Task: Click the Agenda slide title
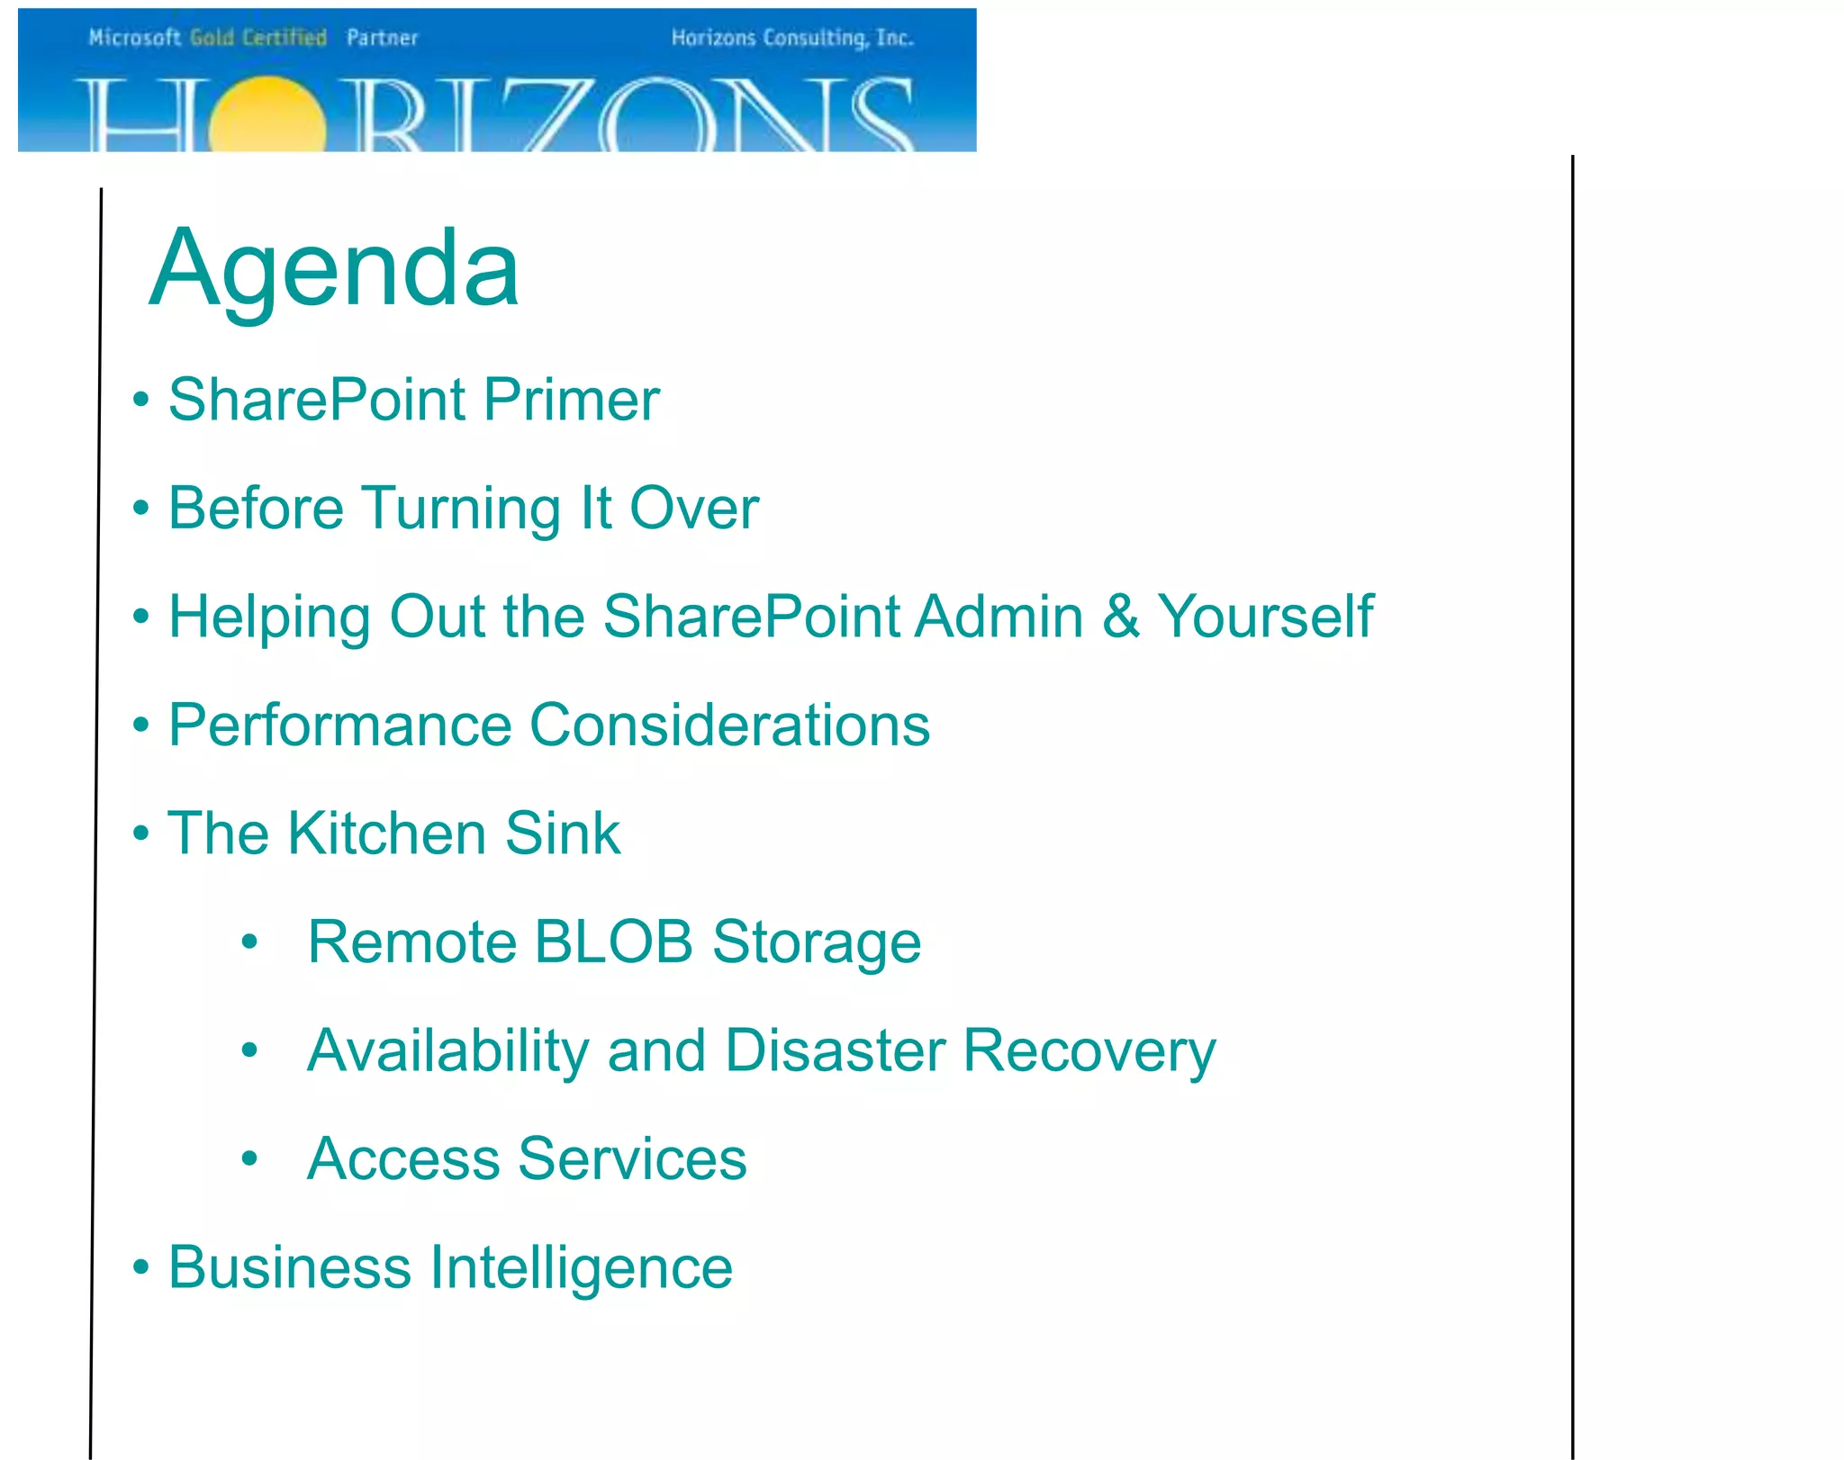click(x=334, y=268)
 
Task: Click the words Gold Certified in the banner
click(x=258, y=38)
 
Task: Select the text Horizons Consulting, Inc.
click(x=792, y=38)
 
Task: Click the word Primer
click(x=572, y=400)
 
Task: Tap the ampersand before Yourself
click(x=1121, y=617)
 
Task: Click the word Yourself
click(x=1265, y=617)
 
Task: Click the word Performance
click(x=339, y=725)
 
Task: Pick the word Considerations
click(x=730, y=725)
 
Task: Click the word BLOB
click(x=613, y=942)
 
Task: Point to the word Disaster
click(x=836, y=1050)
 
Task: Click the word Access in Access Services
click(x=403, y=1158)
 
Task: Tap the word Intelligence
click(x=582, y=1267)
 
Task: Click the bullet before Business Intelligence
click(x=140, y=1266)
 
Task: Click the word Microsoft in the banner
click(x=135, y=38)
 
